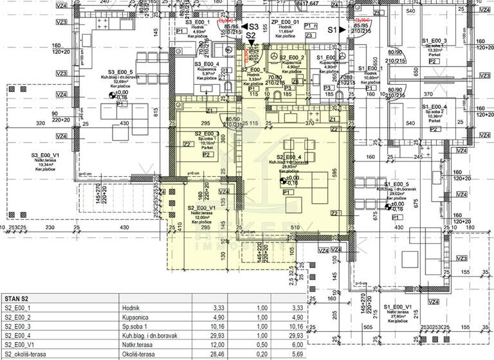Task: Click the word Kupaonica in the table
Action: click(x=136, y=317)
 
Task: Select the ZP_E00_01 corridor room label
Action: click(x=286, y=22)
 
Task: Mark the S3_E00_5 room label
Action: click(x=120, y=72)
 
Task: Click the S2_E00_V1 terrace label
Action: click(x=201, y=208)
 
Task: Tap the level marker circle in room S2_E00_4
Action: click(x=286, y=180)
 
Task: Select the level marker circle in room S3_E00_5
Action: click(x=112, y=94)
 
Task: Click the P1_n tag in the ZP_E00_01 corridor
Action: click(x=311, y=25)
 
